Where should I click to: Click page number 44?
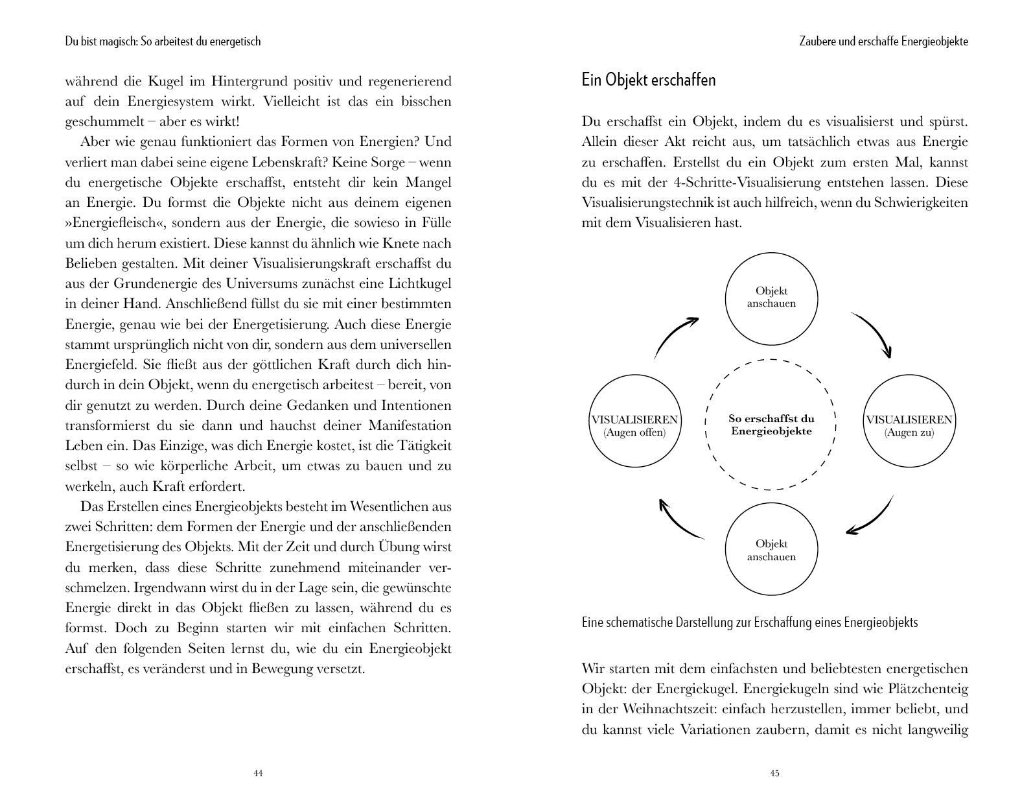coord(258,773)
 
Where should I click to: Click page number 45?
coord(774,773)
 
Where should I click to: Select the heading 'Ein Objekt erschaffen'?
coord(648,80)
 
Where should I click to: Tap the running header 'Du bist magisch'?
coord(163,41)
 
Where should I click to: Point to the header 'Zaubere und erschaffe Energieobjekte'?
coord(883,41)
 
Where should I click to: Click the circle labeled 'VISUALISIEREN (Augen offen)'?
coord(634,421)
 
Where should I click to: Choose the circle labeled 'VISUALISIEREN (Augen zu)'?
coord(909,421)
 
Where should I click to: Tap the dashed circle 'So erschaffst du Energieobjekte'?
coord(771,425)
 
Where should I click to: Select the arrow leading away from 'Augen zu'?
coord(872,517)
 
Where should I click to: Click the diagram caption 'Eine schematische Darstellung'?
coord(749,622)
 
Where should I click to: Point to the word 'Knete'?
coord(384,243)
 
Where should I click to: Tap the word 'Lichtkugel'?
coord(419,284)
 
